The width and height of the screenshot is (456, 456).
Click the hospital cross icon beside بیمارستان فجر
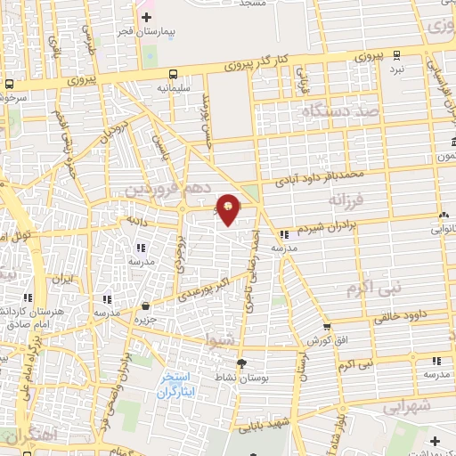click(146, 17)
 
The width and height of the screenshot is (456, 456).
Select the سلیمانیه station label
click(171, 88)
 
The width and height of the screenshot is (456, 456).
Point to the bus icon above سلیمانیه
click(172, 75)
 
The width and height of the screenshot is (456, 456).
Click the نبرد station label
click(396, 68)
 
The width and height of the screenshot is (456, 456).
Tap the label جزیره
click(145, 318)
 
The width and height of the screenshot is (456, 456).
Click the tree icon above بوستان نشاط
click(240, 363)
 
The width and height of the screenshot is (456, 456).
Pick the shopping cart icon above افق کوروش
click(326, 328)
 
